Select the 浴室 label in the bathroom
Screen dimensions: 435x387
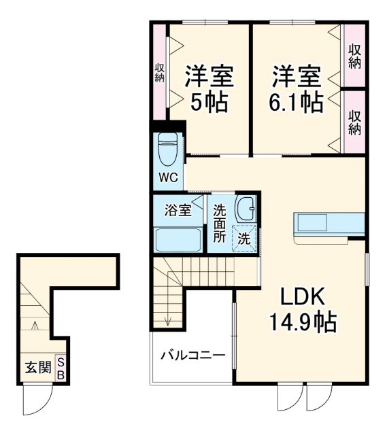pyautogui.click(x=178, y=211)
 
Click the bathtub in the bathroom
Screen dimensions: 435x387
pyautogui.click(x=178, y=239)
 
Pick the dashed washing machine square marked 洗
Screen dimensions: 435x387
pyautogui.click(x=243, y=238)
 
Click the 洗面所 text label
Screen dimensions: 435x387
pyautogui.click(x=220, y=224)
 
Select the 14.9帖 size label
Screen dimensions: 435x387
pyautogui.click(x=304, y=322)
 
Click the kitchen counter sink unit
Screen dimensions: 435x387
pyautogui.click(x=328, y=224)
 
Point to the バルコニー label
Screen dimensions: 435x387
pyautogui.click(x=192, y=355)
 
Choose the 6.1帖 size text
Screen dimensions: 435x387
pyautogui.click(x=297, y=103)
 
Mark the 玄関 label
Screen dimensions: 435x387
pyautogui.click(x=38, y=368)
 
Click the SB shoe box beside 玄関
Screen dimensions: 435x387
pyautogui.click(x=60, y=368)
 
